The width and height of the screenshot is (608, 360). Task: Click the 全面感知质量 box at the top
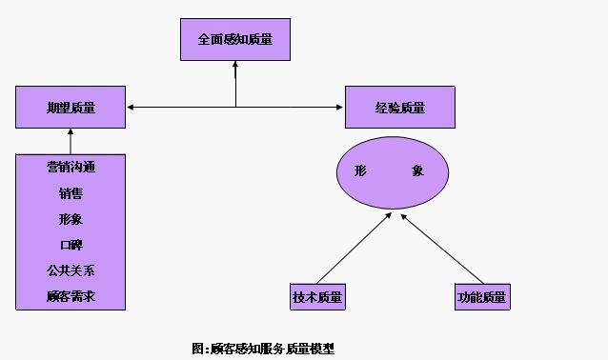pos(234,41)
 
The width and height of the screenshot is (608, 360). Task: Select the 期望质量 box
pos(71,108)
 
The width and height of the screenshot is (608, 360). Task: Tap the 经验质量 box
pos(399,108)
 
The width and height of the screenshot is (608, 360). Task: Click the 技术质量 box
pos(317,297)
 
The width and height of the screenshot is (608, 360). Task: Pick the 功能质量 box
pos(481,297)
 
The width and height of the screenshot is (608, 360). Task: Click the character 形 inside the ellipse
pos(360,171)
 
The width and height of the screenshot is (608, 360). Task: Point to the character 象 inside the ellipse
pos(418,171)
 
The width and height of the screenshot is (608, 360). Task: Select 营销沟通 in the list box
pos(71,167)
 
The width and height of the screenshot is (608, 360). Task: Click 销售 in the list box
pos(71,193)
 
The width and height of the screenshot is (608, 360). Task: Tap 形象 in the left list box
pos(71,219)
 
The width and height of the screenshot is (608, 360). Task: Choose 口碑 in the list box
pos(71,245)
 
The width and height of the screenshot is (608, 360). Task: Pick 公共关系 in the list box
pos(71,270)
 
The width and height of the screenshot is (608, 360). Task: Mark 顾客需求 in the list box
pos(71,296)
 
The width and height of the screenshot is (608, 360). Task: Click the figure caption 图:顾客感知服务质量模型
pos(263,349)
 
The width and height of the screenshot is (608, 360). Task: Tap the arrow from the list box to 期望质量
pos(71,140)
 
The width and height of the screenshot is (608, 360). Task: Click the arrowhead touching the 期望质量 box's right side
pos(132,107)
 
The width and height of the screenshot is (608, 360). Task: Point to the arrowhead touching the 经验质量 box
pos(339,107)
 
